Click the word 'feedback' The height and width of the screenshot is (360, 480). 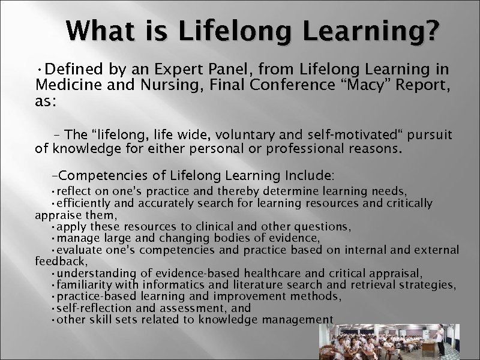[61, 262]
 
